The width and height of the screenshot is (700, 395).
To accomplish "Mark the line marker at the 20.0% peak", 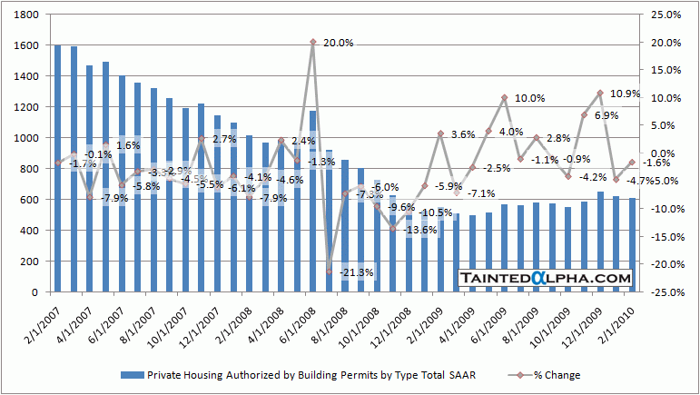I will (x=312, y=42).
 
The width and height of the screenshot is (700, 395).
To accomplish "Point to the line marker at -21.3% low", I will (x=329, y=271).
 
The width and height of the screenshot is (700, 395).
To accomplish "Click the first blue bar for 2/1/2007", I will (x=57, y=169).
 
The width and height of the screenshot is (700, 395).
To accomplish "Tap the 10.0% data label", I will (x=530, y=98).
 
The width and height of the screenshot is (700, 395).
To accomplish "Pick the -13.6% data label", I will (x=419, y=230).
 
